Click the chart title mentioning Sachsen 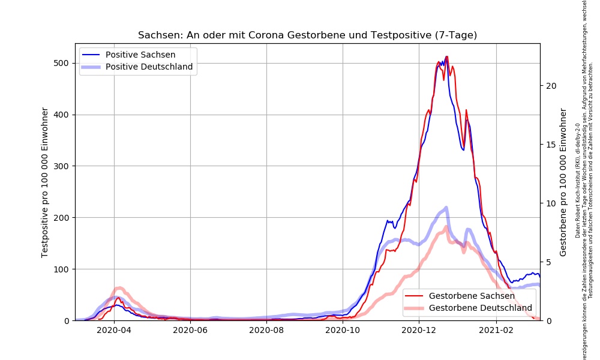pyautogui.click(x=307, y=35)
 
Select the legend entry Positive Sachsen pyautogui.click(x=140, y=55)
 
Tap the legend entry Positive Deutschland pyautogui.click(x=149, y=67)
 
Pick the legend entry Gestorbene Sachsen pyautogui.click(x=472, y=296)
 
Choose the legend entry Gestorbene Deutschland pyautogui.click(x=481, y=308)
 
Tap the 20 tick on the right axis pyautogui.click(x=551, y=86)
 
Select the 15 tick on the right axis pyautogui.click(x=551, y=145)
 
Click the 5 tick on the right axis pyautogui.click(x=549, y=262)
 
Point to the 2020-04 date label pyautogui.click(x=114, y=329)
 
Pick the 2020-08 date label pyautogui.click(x=266, y=329)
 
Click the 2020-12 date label pyautogui.click(x=419, y=329)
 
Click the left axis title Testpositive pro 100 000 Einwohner pyautogui.click(x=45, y=182)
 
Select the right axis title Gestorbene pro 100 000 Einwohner pyautogui.click(x=563, y=182)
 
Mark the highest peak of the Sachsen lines pyautogui.click(x=446, y=57)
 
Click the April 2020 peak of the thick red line pyautogui.click(x=119, y=288)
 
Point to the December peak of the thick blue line pyautogui.click(x=446, y=208)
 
